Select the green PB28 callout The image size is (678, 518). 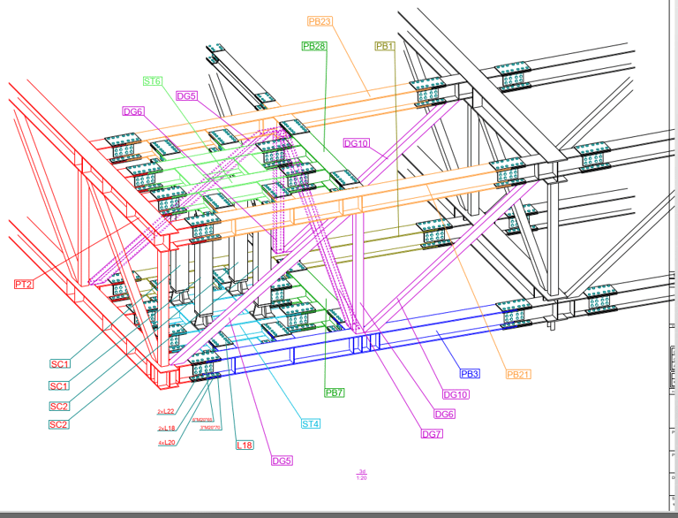pyautogui.click(x=314, y=46)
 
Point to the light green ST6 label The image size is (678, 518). pyautogui.click(x=153, y=81)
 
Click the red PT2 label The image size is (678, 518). pyautogui.click(x=24, y=284)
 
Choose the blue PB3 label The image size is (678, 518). pyautogui.click(x=470, y=374)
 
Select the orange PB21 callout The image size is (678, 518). pyautogui.click(x=518, y=374)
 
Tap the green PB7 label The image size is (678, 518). pyautogui.click(x=335, y=392)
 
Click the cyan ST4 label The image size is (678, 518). pyautogui.click(x=310, y=423)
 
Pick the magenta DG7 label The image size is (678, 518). pyautogui.click(x=432, y=433)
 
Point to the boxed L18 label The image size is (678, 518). pyautogui.click(x=245, y=445)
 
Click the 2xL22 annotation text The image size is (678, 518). pyautogui.click(x=166, y=412)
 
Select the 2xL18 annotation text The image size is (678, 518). pyautogui.click(x=166, y=428)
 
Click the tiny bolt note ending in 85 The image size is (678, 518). pyautogui.click(x=203, y=420)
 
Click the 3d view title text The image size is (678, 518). pyautogui.click(x=362, y=471)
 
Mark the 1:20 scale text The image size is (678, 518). pyautogui.click(x=362, y=478)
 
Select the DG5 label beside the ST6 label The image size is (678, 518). pyautogui.click(x=186, y=95)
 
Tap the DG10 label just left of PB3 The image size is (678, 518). pyautogui.click(x=456, y=395)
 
